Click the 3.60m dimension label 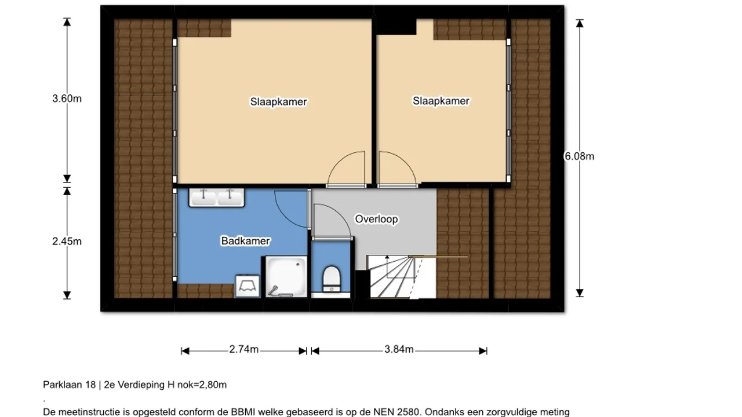[x=67, y=98]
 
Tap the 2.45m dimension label [x=67, y=242]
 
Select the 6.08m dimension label [x=579, y=156]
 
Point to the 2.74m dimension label [x=243, y=349]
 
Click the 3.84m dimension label [x=399, y=349]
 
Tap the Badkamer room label [x=245, y=241]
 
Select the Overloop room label [x=376, y=219]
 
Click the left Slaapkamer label [x=278, y=102]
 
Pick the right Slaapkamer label [x=441, y=101]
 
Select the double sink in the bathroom [x=216, y=197]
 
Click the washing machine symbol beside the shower [x=248, y=287]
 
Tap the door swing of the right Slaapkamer [x=395, y=169]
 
